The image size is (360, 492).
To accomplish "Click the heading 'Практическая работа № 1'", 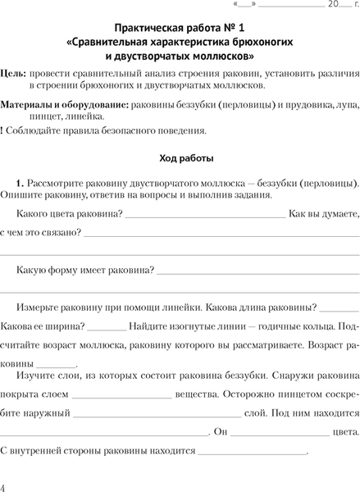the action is [x=180, y=27].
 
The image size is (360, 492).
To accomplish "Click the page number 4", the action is [x=5, y=485].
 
